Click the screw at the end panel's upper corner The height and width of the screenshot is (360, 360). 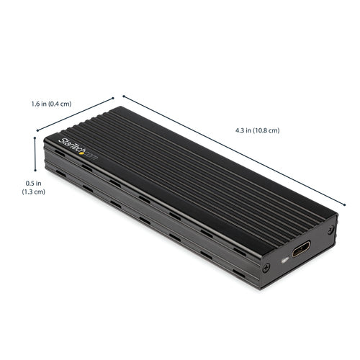[x=330, y=230]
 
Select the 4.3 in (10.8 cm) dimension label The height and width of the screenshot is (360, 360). [x=257, y=130]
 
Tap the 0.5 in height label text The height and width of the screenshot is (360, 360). [x=23, y=183]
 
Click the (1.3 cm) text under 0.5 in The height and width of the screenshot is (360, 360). [x=23, y=193]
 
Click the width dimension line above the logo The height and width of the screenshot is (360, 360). [x=75, y=114]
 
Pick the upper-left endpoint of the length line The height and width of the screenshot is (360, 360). [x=123, y=95]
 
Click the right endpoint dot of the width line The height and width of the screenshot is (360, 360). [x=114, y=97]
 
